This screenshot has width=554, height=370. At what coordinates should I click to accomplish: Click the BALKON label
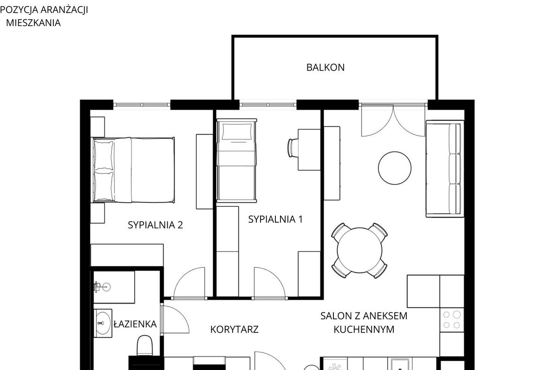point(325,67)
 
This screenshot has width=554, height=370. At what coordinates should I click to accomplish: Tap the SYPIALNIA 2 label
point(155,225)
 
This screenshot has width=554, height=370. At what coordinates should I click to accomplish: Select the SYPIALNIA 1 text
point(275,219)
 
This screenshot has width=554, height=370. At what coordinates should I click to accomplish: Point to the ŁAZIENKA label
point(135,324)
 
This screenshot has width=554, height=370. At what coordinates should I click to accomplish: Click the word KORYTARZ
point(234,329)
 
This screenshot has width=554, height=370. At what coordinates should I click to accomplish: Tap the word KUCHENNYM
point(364,329)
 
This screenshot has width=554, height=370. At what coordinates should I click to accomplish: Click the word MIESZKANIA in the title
point(33,23)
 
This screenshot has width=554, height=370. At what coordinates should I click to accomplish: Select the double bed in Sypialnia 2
point(133,170)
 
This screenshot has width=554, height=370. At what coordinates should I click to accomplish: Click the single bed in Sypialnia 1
point(236,160)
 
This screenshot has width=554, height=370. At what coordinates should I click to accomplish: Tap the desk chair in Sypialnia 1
point(292,147)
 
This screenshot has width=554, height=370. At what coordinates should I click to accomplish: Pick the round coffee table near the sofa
point(395,168)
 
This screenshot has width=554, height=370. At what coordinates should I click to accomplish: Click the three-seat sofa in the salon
point(445,168)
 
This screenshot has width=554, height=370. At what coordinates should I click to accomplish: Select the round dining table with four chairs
point(359,251)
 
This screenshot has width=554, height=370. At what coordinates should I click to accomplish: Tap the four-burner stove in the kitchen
point(451,320)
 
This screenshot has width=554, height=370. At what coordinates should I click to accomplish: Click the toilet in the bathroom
point(144,345)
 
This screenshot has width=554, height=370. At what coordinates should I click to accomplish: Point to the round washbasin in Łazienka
point(103,323)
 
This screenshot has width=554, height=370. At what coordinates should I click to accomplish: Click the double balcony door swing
point(393,120)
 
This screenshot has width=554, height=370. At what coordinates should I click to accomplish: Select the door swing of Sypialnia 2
point(189,283)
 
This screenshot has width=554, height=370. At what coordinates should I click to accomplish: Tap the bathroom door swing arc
point(175,319)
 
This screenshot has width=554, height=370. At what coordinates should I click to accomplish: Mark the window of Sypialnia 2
point(142,105)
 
